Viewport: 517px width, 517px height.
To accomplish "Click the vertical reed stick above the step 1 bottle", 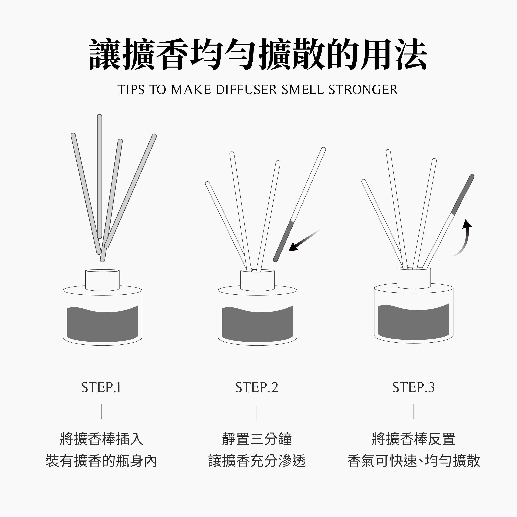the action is [x=100, y=176].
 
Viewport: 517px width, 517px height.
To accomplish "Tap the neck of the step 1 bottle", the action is [x=102, y=280].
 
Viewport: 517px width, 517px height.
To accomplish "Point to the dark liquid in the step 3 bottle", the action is [x=413, y=322].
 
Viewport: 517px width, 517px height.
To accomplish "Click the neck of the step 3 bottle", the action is [x=414, y=278].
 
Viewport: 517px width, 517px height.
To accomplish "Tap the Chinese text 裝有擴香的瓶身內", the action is [x=101, y=461].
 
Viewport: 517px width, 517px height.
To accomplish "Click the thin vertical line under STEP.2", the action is [x=257, y=411].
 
